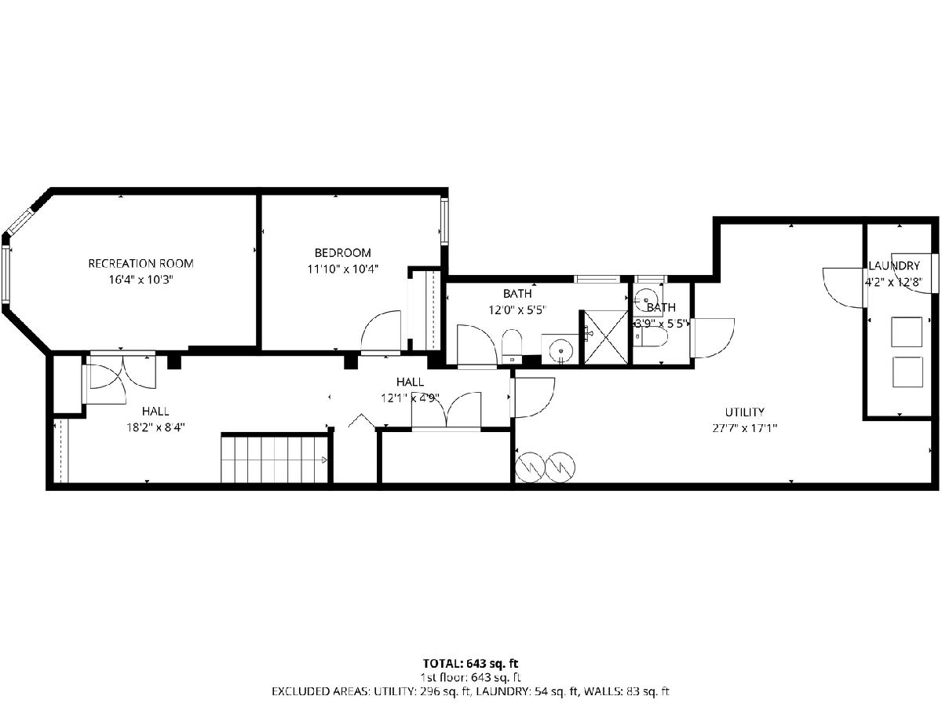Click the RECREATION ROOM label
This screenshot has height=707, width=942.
click(141, 263)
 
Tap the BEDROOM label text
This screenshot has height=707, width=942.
click(342, 252)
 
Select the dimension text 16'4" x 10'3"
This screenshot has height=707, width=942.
click(141, 280)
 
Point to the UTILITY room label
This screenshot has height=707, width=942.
click(744, 412)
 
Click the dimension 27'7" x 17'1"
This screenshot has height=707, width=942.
click(745, 428)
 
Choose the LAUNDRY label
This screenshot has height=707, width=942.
click(894, 266)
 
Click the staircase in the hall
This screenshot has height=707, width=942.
click(275, 459)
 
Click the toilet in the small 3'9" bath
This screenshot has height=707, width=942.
click(650, 338)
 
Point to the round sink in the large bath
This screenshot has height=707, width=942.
click(560, 349)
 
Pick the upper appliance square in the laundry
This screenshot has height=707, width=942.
click(907, 332)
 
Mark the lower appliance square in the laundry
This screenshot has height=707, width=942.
click(907, 372)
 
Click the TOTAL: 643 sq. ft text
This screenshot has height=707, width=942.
click(471, 663)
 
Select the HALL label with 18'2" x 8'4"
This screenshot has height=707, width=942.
click(155, 411)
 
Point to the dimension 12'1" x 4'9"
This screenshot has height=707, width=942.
click(411, 398)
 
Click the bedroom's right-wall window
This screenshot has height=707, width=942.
click(444, 222)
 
